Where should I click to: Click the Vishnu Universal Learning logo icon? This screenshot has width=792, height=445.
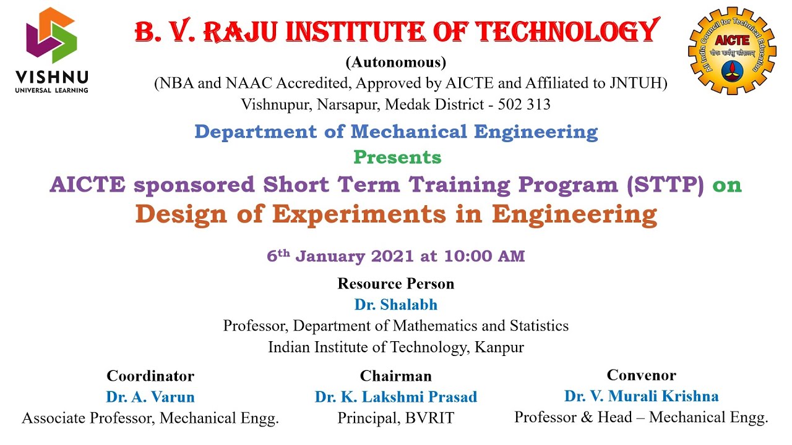pyautogui.click(x=51, y=36)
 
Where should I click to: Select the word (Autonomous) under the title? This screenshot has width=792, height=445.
pyautogui.click(x=396, y=62)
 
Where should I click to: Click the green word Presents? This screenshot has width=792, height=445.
pyautogui.click(x=397, y=158)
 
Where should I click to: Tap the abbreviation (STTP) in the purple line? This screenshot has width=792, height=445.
pyautogui.click(x=665, y=185)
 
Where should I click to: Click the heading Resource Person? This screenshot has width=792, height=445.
pyautogui.click(x=396, y=284)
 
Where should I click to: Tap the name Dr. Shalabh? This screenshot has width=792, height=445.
pyautogui.click(x=396, y=305)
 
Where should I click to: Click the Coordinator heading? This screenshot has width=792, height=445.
pyautogui.click(x=150, y=376)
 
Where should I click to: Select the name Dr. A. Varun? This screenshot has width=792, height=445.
pyautogui.click(x=150, y=397)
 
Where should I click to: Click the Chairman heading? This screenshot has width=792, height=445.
pyautogui.click(x=396, y=376)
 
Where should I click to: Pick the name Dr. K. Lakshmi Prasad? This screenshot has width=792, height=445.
pyautogui.click(x=396, y=397)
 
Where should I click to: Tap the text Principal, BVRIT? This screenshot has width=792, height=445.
pyautogui.click(x=396, y=418)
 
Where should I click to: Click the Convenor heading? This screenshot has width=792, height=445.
pyautogui.click(x=641, y=375)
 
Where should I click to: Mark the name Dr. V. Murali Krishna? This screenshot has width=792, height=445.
pyautogui.click(x=641, y=396)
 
